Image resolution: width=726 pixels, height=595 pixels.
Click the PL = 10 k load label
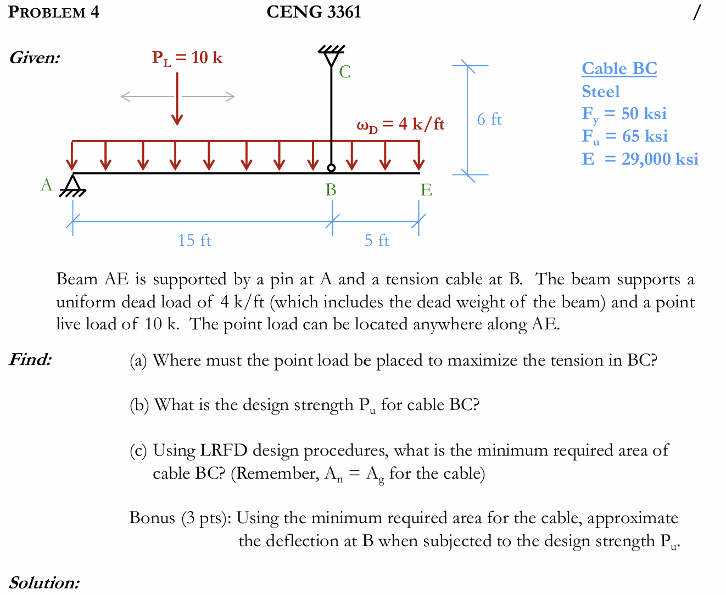tap(187, 58)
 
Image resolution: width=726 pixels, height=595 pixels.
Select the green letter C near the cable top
tap(344, 72)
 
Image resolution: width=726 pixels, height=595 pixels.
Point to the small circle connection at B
tap(331, 167)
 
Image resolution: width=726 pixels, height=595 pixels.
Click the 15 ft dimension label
tap(194, 240)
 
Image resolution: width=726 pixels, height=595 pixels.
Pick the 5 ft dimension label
tap(377, 240)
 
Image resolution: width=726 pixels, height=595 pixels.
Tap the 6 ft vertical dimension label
tap(489, 119)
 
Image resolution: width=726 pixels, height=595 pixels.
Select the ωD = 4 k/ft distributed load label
tap(400, 125)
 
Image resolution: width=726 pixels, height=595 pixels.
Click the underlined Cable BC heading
tap(619, 69)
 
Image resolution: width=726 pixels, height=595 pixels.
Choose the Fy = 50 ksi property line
tap(624, 114)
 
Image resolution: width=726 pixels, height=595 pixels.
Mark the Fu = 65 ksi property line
tap(624, 136)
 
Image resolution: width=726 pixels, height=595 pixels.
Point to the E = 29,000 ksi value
tap(640, 159)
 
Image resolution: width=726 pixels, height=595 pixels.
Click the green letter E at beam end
tap(426, 190)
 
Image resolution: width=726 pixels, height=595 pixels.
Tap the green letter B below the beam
tap(331, 189)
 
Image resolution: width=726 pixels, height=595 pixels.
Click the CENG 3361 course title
tap(314, 12)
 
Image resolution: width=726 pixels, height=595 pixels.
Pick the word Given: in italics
tap(35, 58)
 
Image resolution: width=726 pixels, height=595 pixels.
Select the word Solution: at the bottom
tap(44, 582)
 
